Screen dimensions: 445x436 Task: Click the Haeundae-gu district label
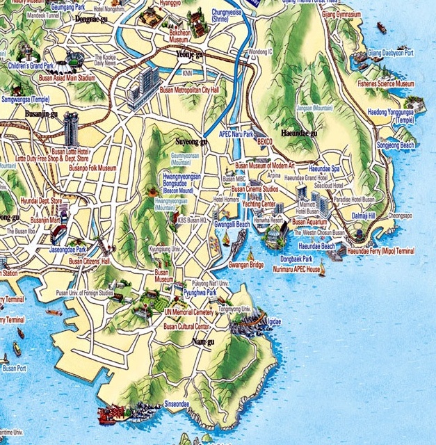tap(298, 132)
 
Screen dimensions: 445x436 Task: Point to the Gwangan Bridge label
tap(246, 265)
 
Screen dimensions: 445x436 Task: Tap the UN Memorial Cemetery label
tap(189, 312)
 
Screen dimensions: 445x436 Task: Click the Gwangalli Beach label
tap(232, 225)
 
